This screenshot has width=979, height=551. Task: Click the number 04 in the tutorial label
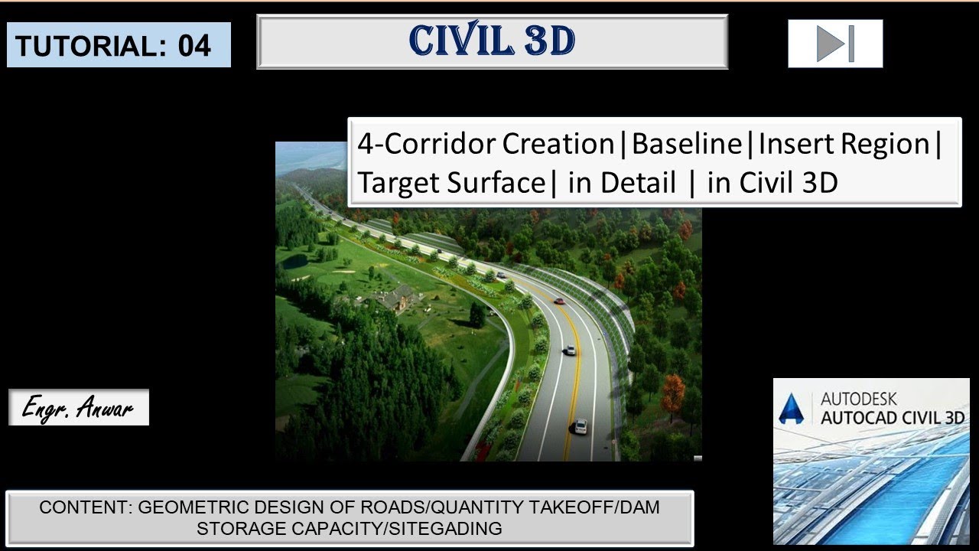(x=194, y=46)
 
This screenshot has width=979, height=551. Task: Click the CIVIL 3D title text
(x=492, y=41)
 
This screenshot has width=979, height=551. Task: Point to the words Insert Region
(x=844, y=144)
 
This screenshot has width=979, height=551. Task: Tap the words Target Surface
(x=450, y=183)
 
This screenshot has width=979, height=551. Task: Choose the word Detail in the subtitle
(x=639, y=183)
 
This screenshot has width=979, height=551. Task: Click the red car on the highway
(x=559, y=301)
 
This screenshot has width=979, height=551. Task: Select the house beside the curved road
(x=396, y=296)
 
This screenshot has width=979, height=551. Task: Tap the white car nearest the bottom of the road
(x=581, y=425)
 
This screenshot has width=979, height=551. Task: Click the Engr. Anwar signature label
(x=79, y=408)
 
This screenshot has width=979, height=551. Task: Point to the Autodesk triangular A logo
(x=791, y=409)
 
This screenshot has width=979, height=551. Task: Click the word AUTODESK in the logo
(x=858, y=399)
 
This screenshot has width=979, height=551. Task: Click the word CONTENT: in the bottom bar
(x=86, y=507)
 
